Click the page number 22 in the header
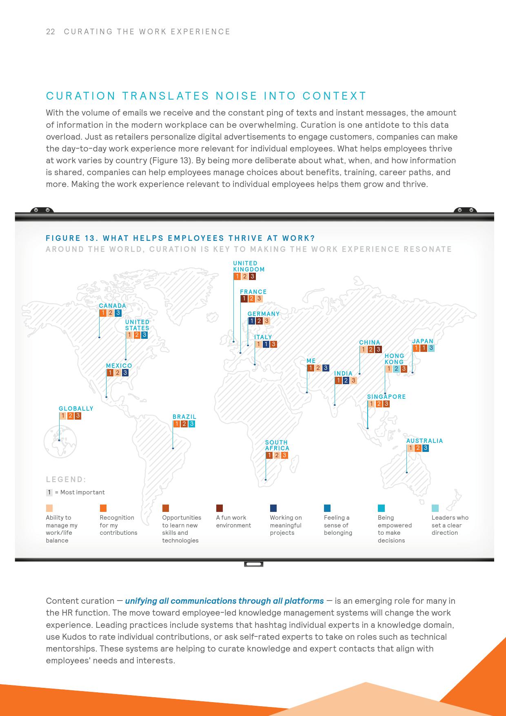[51, 32]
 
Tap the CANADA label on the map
[113, 306]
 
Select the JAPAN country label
[422, 341]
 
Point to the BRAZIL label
[184, 417]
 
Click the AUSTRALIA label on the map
[424, 441]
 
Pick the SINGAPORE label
[386, 397]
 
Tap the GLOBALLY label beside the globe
[76, 409]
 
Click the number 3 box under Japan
[431, 349]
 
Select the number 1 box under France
[244, 299]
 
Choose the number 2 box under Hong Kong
[396, 369]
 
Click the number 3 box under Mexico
[125, 373]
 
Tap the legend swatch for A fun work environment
[220, 508]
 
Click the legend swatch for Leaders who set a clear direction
[435, 508]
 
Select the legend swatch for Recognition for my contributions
[103, 508]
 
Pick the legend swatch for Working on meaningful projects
[273, 508]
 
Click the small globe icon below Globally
[60, 442]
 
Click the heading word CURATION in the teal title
[81, 96]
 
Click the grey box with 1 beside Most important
[49, 492]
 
